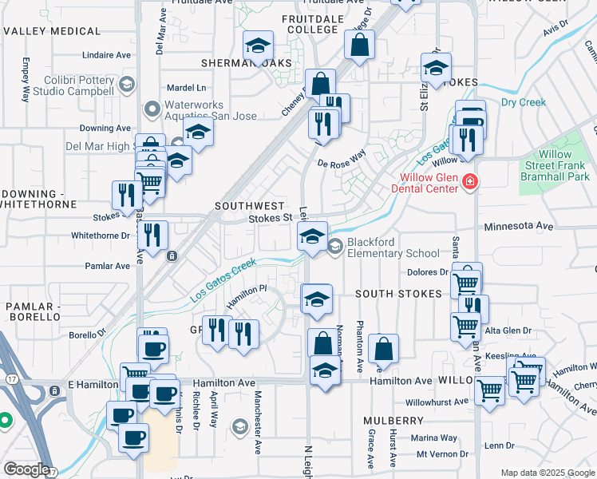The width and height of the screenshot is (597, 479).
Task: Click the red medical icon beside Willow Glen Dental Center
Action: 470,183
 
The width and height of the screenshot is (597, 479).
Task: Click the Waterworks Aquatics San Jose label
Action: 211,110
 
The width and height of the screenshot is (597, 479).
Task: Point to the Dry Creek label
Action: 523,102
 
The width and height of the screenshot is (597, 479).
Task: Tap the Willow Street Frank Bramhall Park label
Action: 555,165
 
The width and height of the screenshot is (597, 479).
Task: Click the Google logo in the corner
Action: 26,469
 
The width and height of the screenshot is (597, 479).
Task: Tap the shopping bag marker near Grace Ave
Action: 384,349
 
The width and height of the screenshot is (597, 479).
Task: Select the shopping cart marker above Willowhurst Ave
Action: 489,391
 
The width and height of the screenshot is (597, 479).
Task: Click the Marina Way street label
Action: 433,437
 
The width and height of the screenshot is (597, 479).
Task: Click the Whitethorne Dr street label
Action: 100,236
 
